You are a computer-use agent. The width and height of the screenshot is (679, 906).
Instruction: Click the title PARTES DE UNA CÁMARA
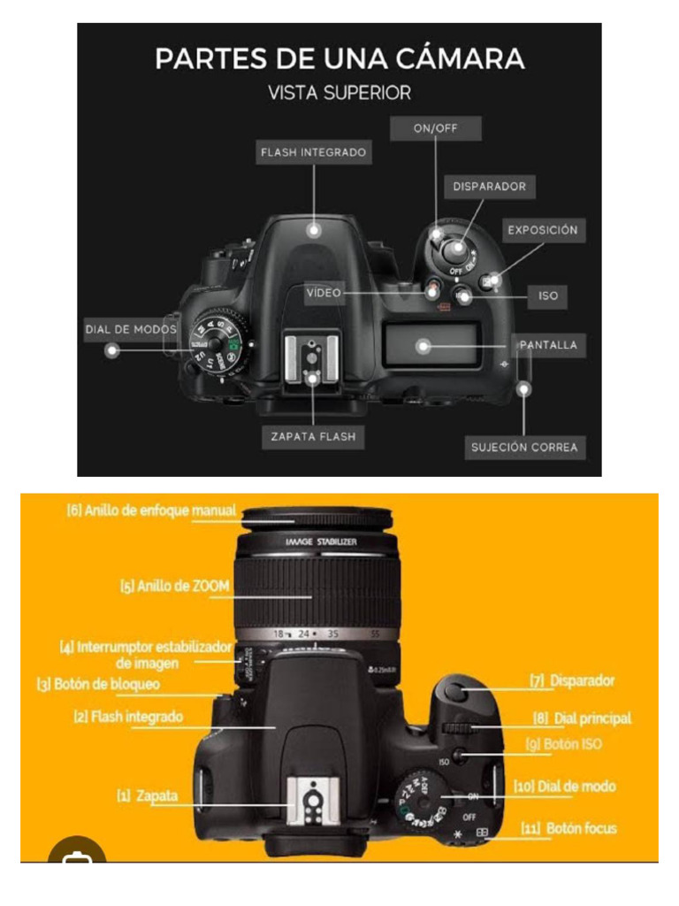(339, 59)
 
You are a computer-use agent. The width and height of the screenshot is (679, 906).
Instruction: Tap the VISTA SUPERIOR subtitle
(339, 92)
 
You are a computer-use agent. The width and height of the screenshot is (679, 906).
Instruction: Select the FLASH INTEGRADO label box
(313, 152)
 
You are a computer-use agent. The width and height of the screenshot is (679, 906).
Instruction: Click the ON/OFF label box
(436, 128)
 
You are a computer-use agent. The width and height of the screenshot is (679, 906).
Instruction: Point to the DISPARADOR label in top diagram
(489, 187)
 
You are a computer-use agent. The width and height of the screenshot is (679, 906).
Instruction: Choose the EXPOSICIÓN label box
(542, 230)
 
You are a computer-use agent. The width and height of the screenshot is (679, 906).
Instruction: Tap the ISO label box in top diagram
(548, 296)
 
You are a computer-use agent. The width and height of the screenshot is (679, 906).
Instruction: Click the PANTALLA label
(548, 345)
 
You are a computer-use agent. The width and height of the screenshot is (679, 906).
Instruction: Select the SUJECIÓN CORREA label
(524, 447)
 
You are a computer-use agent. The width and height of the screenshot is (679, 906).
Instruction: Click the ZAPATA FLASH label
(313, 436)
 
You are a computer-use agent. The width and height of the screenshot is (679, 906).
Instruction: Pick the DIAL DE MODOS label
(131, 329)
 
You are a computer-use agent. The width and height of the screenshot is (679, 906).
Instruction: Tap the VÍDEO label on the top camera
(324, 293)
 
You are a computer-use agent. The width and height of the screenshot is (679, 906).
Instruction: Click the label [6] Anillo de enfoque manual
(151, 511)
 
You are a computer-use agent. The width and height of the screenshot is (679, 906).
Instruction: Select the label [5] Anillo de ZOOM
(175, 586)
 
